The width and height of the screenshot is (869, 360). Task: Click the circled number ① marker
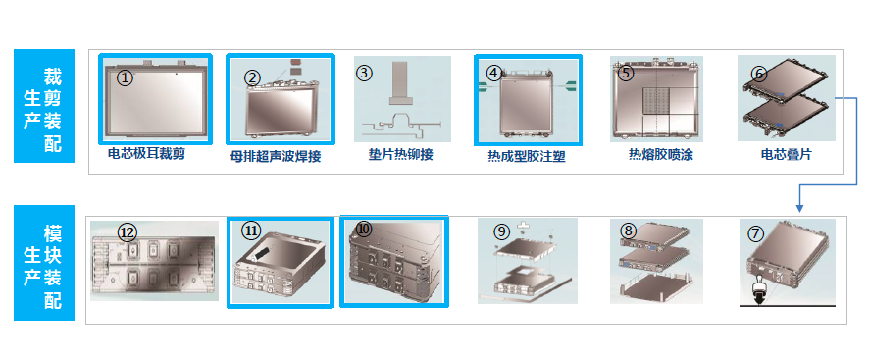(x=126, y=77)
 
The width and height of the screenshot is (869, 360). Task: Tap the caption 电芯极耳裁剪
(x=146, y=154)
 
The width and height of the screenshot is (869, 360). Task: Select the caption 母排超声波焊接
(x=276, y=156)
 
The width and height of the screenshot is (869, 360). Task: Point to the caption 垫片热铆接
(x=401, y=154)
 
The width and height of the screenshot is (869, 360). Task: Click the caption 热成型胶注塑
(x=527, y=156)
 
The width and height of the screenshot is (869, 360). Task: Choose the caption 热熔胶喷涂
(x=661, y=154)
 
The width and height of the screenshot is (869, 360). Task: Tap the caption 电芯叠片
(x=786, y=154)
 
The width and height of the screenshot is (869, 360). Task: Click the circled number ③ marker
(x=364, y=73)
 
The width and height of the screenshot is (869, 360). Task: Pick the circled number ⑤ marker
(x=625, y=73)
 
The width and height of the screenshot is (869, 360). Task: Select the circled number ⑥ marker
(x=759, y=73)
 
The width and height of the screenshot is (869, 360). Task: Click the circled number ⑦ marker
(x=755, y=233)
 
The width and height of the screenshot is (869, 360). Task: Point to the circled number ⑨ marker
(x=500, y=231)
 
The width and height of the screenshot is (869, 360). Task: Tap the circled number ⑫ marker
(x=128, y=233)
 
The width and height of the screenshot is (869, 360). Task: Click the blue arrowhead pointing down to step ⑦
(x=799, y=208)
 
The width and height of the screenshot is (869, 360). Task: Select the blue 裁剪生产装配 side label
(x=44, y=106)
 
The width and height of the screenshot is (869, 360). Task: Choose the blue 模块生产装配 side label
(x=44, y=263)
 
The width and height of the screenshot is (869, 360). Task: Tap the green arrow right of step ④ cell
(x=570, y=85)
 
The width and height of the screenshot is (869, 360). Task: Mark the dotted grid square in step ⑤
(x=656, y=100)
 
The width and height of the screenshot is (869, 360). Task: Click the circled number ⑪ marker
(x=250, y=231)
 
